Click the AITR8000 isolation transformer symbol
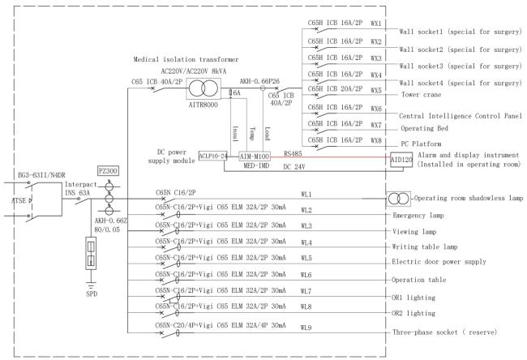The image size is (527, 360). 204,88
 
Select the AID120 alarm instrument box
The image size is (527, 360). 401,160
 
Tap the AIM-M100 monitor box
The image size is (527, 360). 254,156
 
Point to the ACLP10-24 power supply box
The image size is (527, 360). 213,156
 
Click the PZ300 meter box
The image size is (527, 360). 108,171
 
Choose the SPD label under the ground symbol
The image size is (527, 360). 92,294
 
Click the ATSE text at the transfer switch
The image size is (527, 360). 19,200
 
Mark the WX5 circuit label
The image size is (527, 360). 376,91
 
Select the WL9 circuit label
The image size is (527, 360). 306,327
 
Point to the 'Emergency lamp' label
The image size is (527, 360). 418,216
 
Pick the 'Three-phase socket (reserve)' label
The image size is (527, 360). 444,332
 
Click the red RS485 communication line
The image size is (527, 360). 330,157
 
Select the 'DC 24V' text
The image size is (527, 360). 294,167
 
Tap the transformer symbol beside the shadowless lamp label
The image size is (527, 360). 398,199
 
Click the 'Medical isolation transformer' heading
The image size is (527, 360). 186,59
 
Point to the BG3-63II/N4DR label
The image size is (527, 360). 41,175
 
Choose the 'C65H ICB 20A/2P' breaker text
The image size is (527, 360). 335,88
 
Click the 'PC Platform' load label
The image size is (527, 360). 421,144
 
